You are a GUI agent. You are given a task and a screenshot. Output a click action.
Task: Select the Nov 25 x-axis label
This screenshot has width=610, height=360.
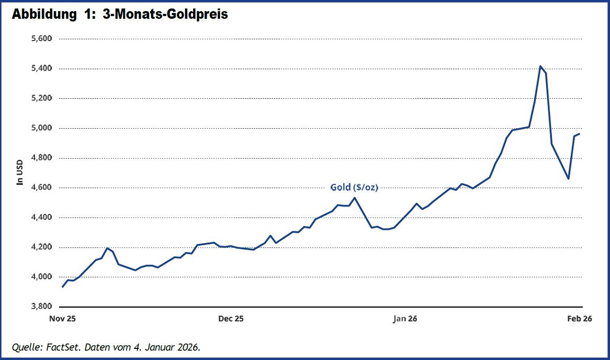click(63, 318)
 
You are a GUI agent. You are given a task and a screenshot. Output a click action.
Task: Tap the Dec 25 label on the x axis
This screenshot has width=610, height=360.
click(231, 318)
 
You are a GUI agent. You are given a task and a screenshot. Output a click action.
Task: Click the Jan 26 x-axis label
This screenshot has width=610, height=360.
click(405, 318)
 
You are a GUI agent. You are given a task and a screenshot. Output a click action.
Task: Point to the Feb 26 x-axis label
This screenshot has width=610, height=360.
click(580, 318)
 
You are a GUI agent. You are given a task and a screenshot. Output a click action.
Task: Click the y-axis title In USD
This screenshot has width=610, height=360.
click(20, 172)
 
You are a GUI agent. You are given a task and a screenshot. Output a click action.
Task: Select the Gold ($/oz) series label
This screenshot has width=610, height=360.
click(354, 187)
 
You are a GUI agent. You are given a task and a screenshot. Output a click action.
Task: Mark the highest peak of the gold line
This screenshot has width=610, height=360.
click(540, 66)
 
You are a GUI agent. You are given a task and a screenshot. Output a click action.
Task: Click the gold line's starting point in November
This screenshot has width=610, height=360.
click(62, 287)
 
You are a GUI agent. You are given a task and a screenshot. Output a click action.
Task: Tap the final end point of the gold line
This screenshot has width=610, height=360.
click(579, 134)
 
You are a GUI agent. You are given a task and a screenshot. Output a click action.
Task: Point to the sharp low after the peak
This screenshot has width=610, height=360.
click(568, 179)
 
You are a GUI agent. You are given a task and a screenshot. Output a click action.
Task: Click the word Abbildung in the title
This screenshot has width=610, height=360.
click(41, 15)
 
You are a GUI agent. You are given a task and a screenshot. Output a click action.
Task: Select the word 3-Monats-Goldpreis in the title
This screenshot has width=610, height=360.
click(165, 15)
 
